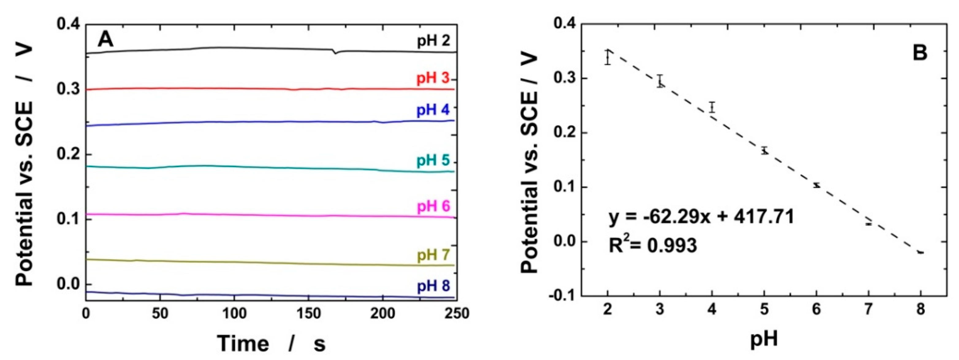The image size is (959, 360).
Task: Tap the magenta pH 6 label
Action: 433,206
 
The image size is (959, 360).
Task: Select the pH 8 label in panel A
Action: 433,286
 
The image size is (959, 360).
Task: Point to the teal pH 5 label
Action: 433,160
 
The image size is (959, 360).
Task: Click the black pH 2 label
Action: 433,40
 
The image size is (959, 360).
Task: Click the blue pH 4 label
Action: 433,110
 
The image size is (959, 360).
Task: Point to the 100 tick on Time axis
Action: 234,313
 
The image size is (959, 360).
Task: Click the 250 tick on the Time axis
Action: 456,313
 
